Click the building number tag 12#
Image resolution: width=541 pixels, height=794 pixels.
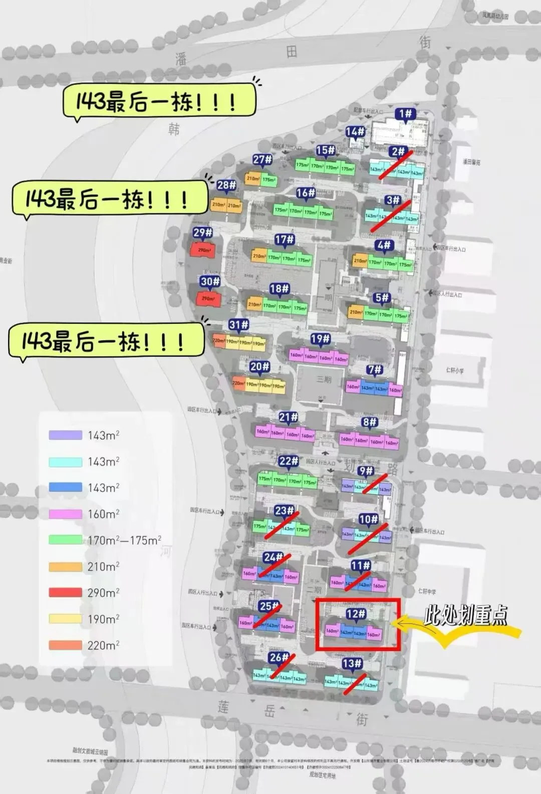click(356, 614)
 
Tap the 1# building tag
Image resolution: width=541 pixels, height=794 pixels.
click(405, 114)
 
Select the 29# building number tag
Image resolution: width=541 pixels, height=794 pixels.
click(203, 233)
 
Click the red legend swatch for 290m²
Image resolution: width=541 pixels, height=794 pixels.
click(65, 593)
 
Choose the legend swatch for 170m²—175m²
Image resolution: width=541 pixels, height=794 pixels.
click(65, 540)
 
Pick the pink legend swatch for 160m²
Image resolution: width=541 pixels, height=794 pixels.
click(65, 514)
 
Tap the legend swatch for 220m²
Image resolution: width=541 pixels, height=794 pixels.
click(65, 645)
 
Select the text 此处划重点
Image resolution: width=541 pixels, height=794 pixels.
click(465, 615)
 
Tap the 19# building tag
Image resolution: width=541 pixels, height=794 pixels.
click(320, 339)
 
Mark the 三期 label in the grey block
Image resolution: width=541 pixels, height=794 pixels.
click(324, 379)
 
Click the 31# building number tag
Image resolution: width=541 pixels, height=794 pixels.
click(238, 325)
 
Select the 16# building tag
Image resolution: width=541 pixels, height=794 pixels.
click(305, 193)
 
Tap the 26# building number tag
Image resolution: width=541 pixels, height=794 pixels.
click(279, 657)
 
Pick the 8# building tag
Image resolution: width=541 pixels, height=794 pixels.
click(370, 423)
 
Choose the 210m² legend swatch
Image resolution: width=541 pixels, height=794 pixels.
click(65, 567)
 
